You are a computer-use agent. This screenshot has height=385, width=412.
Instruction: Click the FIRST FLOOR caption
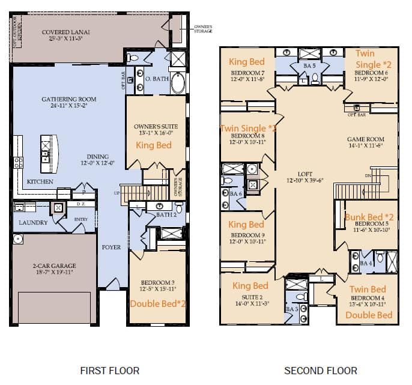[x=109, y=371]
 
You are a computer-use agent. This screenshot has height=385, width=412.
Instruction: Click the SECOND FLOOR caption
[x=312, y=371]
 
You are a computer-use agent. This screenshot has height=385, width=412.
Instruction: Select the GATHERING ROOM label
[x=68, y=99]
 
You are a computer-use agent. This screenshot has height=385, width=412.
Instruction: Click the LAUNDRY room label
[x=32, y=222]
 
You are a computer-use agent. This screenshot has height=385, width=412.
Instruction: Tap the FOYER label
[x=111, y=247]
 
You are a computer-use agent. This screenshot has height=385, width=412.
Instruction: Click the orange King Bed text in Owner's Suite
[x=153, y=145]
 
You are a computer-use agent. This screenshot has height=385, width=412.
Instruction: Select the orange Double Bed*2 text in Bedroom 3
[x=158, y=303]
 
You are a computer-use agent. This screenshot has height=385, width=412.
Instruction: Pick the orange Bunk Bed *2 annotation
[x=369, y=217]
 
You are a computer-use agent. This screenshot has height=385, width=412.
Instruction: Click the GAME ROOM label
[x=365, y=139]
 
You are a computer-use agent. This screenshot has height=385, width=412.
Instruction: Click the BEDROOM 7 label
[x=247, y=71]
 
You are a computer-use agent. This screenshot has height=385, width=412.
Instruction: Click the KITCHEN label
[x=40, y=181]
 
